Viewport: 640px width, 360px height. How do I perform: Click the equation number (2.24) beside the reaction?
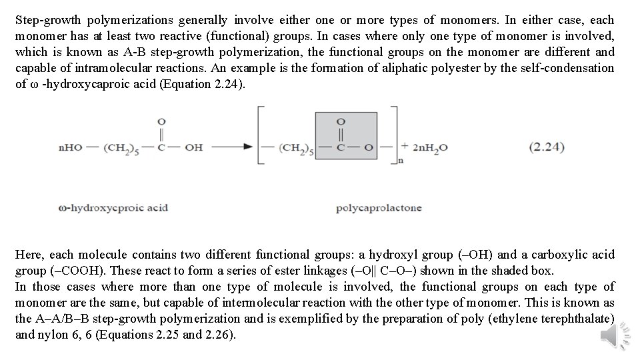coord(547,147)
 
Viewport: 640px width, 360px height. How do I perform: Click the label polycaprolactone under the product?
coord(378,208)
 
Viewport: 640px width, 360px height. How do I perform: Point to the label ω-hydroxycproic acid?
coord(113,208)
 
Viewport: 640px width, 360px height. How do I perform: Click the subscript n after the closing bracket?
coord(400,160)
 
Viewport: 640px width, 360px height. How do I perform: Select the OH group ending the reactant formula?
coord(194,147)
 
